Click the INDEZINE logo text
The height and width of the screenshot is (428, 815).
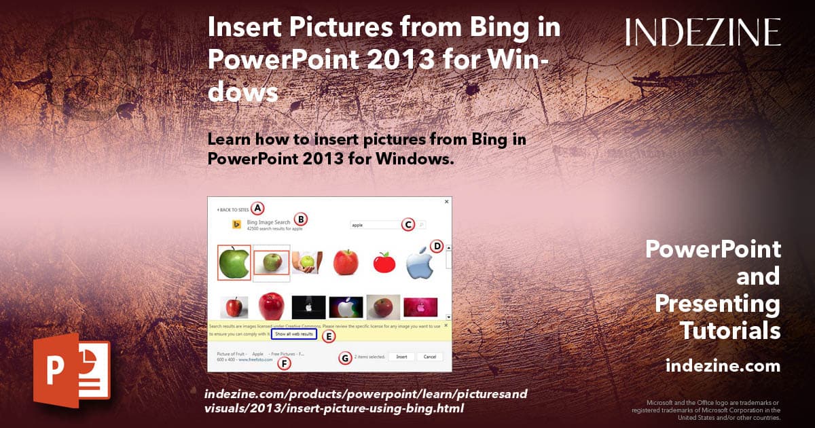point(703,32)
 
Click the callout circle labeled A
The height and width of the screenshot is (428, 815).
point(257,209)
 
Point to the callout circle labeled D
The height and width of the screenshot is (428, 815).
point(437,246)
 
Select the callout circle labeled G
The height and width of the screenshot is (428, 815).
point(346,358)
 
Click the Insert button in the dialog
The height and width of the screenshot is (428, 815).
point(401,357)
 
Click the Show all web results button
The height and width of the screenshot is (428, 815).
point(294,334)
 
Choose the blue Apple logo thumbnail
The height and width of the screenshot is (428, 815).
point(420,265)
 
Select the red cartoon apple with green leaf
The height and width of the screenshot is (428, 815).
point(384,263)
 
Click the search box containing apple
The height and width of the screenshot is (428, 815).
point(374,225)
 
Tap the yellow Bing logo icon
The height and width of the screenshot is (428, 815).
point(237,225)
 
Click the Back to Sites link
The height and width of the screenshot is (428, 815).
point(233,210)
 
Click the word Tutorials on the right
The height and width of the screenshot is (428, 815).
point(730,331)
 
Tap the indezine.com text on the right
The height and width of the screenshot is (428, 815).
point(723,366)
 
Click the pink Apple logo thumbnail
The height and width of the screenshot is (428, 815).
point(421,307)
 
